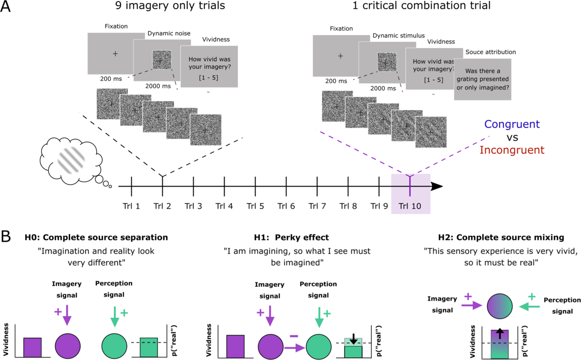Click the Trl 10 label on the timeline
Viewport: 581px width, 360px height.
tap(410, 206)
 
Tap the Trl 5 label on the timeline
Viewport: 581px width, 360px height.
tap(255, 206)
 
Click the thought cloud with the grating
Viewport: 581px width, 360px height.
tap(72, 159)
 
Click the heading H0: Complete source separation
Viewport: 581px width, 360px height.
tap(97, 237)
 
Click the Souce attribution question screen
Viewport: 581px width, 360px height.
tap(482, 79)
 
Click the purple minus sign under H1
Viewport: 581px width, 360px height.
tap(293, 322)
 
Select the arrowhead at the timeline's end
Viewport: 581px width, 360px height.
tap(438, 187)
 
